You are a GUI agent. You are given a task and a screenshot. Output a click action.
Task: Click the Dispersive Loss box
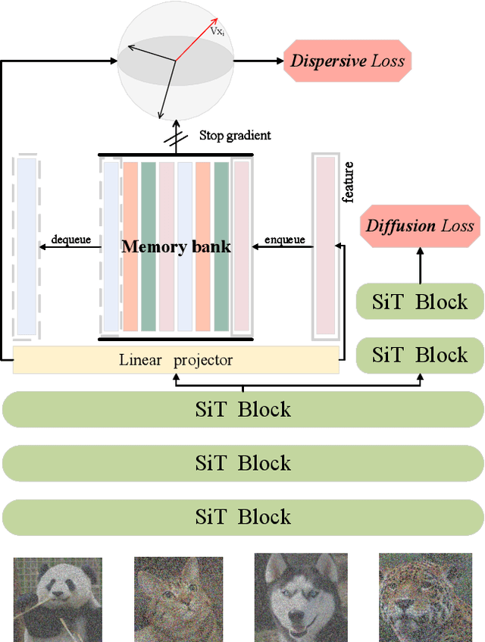pos(348,61)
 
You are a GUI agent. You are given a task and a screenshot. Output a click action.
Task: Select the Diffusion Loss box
pos(420,225)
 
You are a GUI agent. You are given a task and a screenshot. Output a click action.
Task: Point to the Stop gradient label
pos(235,136)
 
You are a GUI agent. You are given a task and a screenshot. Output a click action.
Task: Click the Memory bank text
pos(176,246)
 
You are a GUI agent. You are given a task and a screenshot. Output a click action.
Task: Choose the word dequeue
pos(70,240)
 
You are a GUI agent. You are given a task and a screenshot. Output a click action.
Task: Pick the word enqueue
pos(284,240)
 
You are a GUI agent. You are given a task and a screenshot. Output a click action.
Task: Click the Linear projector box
pos(176,360)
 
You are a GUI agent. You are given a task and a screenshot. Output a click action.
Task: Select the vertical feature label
pos(348,182)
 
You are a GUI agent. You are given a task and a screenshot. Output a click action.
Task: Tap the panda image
pos(58,600)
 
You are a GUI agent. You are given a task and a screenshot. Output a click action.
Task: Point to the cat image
pos(179,600)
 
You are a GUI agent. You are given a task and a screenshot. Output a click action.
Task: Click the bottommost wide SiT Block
pos(242,517)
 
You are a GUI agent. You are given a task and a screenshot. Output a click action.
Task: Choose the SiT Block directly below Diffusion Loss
pos(420,302)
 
